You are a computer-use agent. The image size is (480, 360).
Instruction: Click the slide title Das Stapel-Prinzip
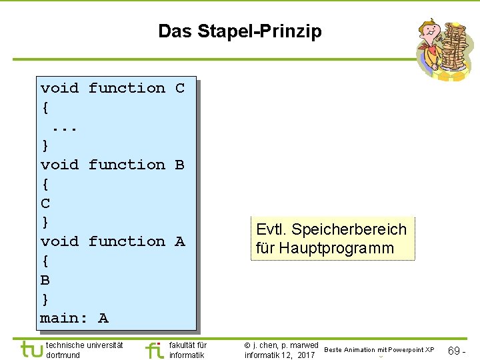point(239,31)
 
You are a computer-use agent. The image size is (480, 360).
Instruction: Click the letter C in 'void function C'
point(179,88)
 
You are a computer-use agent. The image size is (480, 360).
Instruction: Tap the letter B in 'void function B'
point(179,165)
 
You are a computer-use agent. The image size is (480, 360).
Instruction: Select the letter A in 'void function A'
point(179,241)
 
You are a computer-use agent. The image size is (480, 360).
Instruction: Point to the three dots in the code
point(65,126)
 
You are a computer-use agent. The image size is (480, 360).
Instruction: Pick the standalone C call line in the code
point(45,203)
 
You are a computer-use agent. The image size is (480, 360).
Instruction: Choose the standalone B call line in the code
point(45,280)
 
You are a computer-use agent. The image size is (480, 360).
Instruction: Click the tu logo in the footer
point(31,349)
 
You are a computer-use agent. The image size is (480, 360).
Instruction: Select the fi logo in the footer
point(153,349)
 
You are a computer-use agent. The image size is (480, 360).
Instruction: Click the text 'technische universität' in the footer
point(84,345)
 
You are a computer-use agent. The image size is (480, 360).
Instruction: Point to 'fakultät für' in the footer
point(188,345)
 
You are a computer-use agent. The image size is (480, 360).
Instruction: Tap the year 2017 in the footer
point(306,355)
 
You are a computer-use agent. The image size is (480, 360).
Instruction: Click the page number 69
point(453,350)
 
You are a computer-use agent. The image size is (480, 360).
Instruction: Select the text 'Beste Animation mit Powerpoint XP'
point(379,350)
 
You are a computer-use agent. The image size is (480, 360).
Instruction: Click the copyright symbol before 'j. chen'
point(247,345)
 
